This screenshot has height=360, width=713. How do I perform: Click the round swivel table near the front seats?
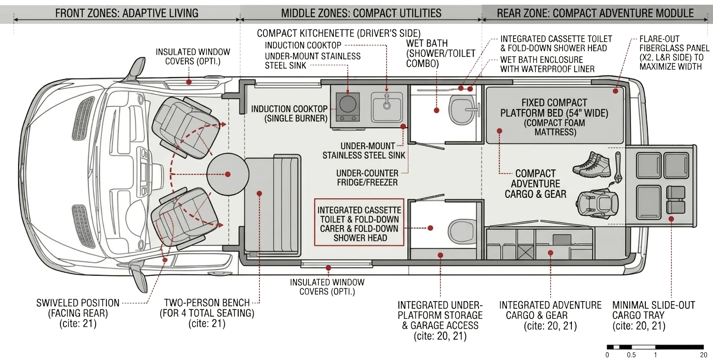[227, 175]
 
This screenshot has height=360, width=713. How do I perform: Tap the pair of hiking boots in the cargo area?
[592, 165]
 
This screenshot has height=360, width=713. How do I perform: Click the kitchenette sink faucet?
[387, 102]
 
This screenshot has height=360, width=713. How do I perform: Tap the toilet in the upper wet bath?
[461, 110]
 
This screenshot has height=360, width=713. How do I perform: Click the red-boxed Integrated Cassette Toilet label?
[359, 224]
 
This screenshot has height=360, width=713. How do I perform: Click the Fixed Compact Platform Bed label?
[554, 117]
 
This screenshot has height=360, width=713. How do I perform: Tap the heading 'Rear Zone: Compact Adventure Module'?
[595, 13]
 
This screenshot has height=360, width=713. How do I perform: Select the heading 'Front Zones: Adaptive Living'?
[127, 13]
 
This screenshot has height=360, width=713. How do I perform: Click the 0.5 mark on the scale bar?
[631, 355]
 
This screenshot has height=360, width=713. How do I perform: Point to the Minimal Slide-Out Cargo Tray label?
[654, 315]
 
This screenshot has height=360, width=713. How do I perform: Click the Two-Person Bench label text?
[207, 313]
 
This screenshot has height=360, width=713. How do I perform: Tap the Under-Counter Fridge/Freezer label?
[367, 178]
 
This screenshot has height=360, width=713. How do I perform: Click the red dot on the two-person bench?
[259, 194]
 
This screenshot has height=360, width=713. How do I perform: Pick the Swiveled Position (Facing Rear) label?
[78, 313]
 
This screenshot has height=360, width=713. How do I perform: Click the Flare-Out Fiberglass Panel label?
[674, 53]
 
